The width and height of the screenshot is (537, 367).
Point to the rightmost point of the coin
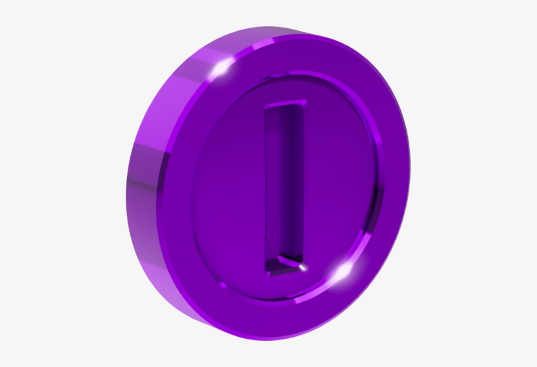pos(411,190)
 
